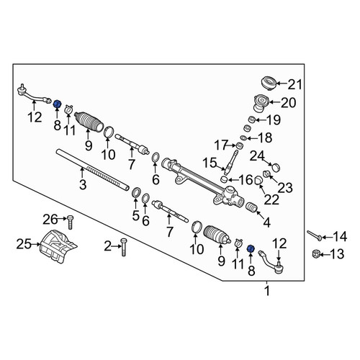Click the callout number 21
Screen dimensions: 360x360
click(x=294, y=84)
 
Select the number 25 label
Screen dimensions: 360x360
click(x=24, y=244)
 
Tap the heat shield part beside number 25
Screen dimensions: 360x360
click(x=58, y=246)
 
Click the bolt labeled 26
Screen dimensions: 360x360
click(x=70, y=222)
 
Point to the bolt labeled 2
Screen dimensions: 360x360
click(x=124, y=247)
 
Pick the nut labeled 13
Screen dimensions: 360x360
click(x=315, y=253)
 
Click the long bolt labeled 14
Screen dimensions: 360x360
click(x=314, y=235)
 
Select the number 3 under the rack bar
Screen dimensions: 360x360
click(x=83, y=185)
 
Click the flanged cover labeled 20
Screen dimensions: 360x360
click(x=261, y=103)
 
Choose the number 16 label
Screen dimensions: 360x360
click(x=246, y=179)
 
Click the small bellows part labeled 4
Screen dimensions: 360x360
click(x=252, y=207)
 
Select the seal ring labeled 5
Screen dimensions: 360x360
click(x=137, y=192)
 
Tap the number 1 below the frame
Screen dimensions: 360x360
click(x=266, y=291)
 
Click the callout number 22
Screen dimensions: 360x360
click(x=271, y=199)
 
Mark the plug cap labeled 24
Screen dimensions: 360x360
click(x=276, y=167)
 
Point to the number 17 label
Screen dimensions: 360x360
click(x=221, y=145)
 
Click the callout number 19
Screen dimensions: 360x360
click(x=274, y=120)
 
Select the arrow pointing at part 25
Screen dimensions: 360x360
click(x=36, y=244)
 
